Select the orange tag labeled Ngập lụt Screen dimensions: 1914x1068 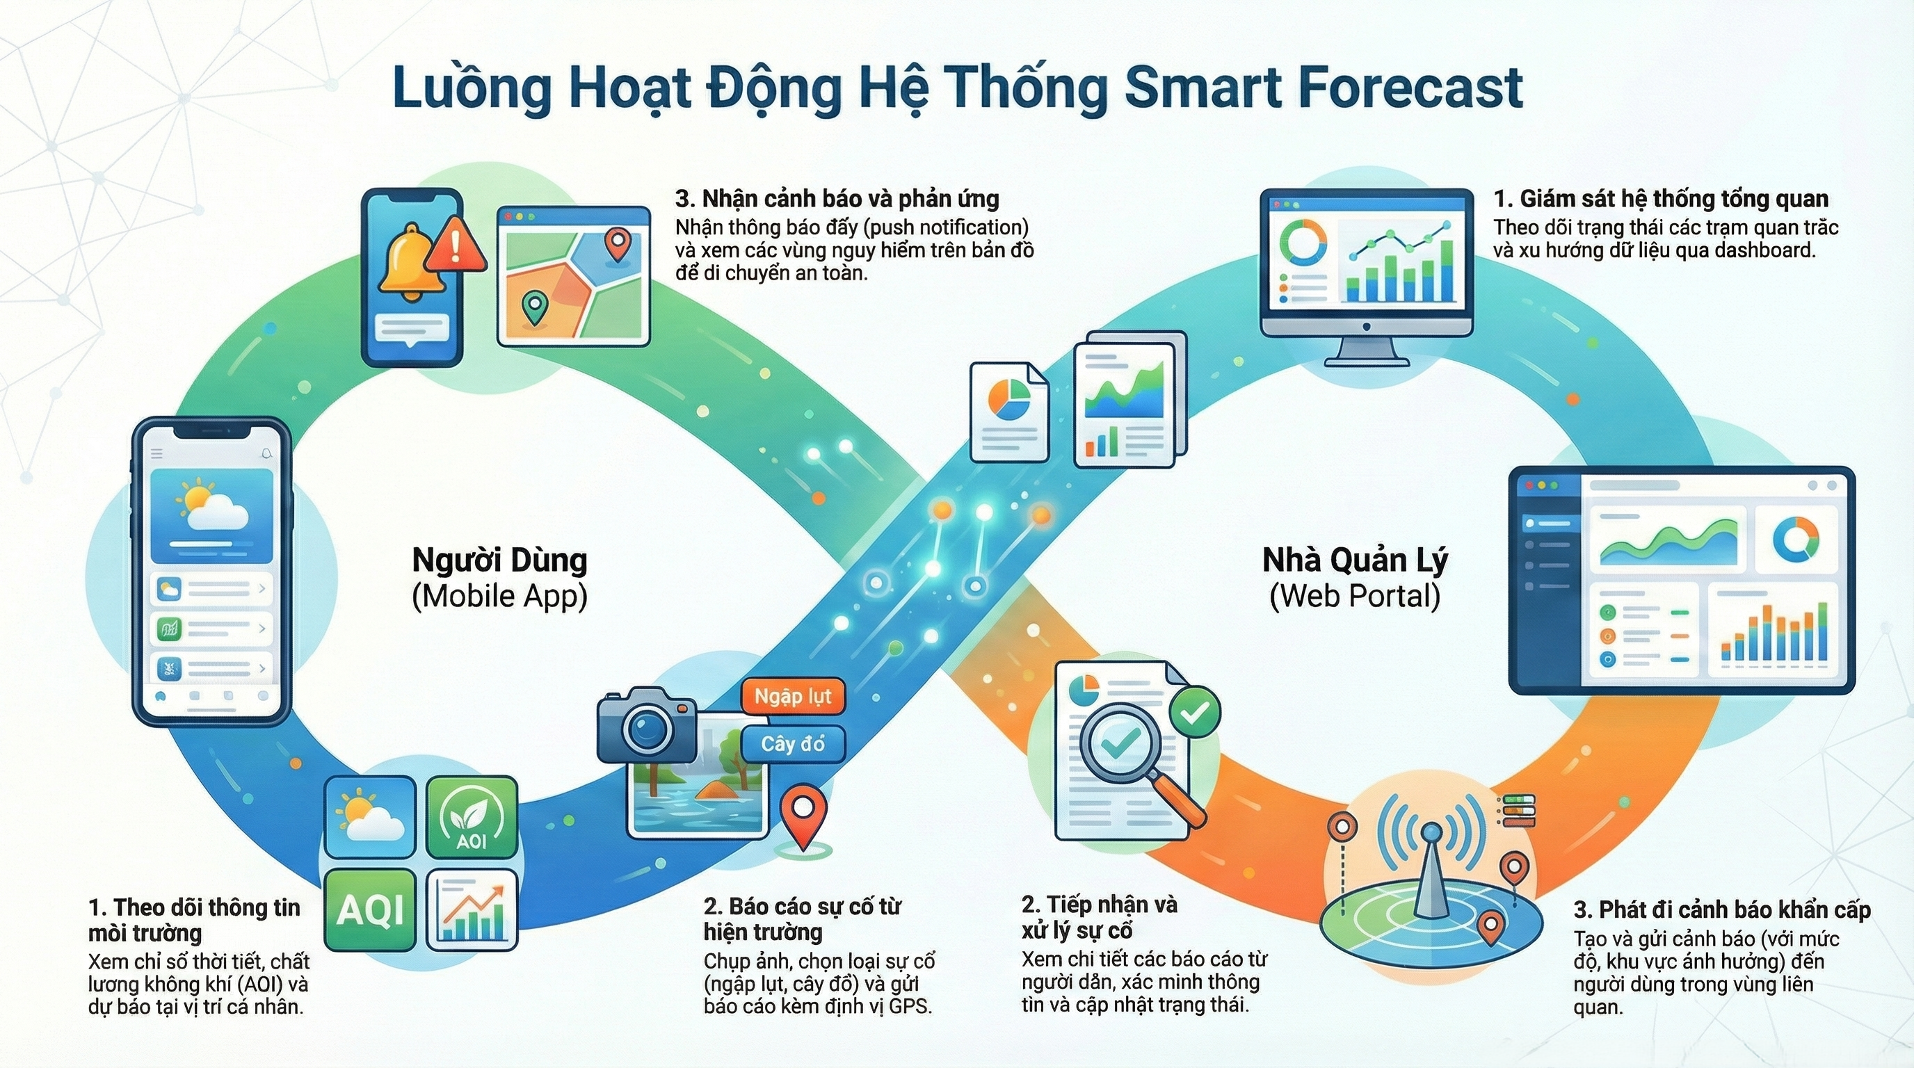pos(793,697)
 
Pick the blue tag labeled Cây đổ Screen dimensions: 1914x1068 pos(793,743)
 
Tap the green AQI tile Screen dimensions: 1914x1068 pos(370,909)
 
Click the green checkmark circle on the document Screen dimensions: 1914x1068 pos(1195,712)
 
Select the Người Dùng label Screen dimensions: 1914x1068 pos(499,560)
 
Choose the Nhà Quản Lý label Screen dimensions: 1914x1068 pos(1356,560)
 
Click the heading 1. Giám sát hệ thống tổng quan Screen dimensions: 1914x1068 pos(1662,199)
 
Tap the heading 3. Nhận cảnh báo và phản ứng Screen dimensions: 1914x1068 pos(837,199)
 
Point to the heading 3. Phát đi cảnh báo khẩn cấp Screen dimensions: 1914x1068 pos(1722,909)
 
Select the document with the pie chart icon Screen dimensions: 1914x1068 pos(1009,412)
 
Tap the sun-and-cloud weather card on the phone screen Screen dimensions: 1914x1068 pos(211,515)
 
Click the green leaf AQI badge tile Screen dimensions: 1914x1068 pos(472,818)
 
